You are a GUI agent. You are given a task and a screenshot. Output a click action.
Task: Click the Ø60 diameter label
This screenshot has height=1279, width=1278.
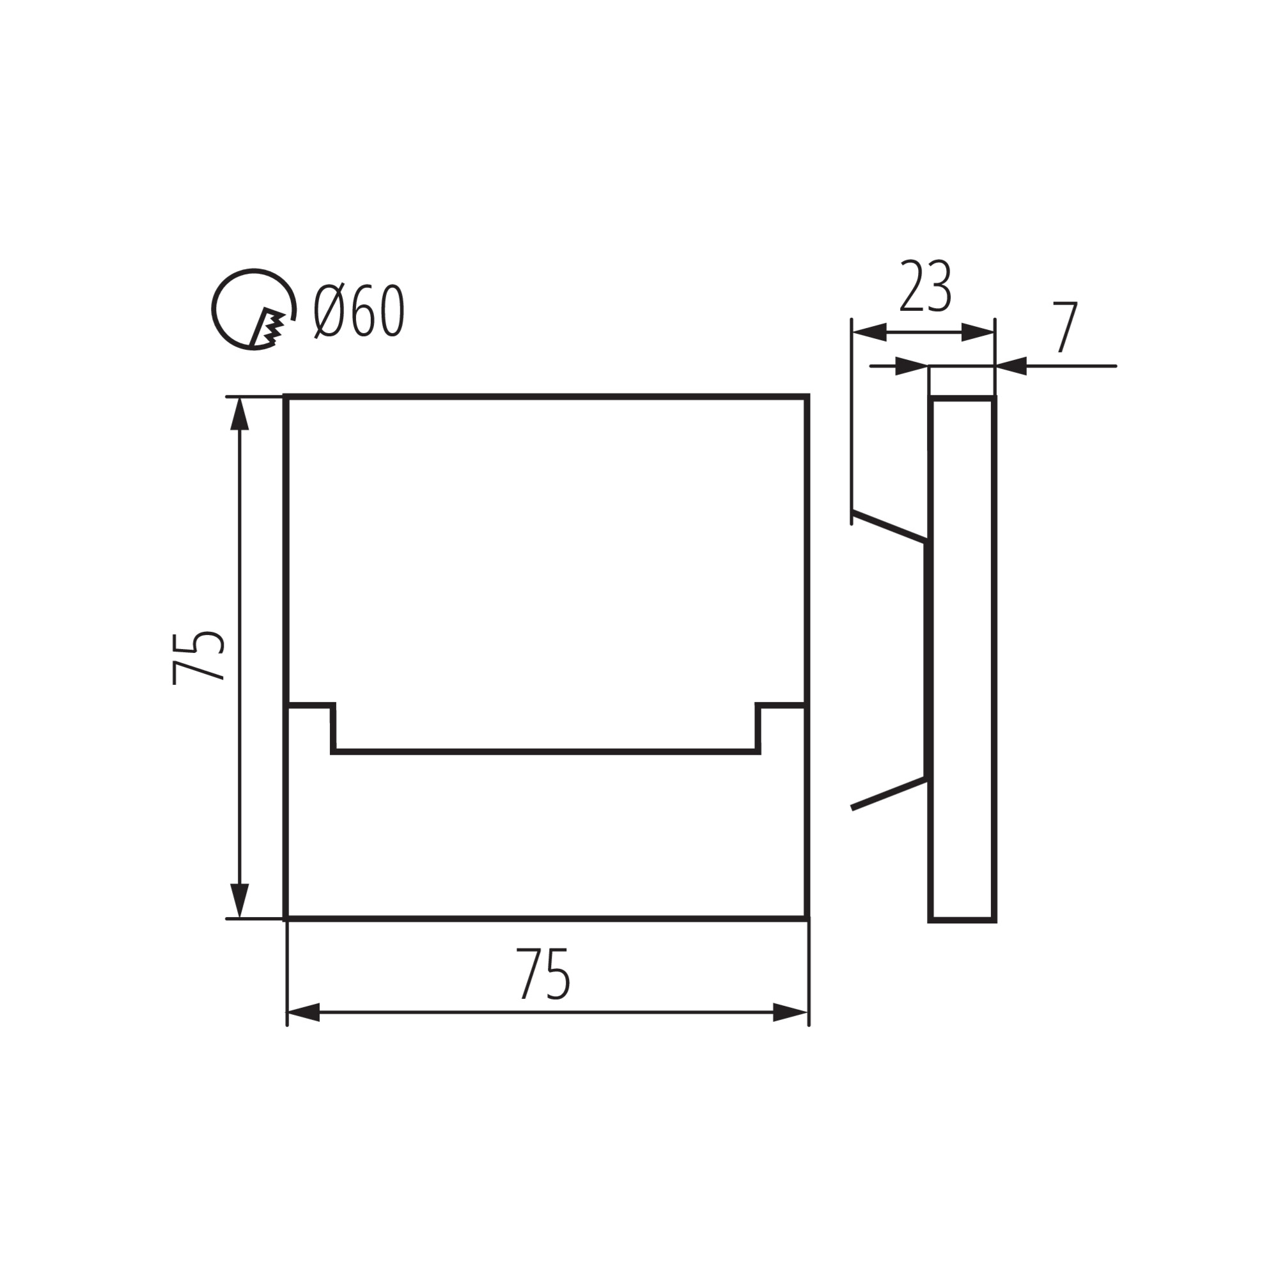(359, 311)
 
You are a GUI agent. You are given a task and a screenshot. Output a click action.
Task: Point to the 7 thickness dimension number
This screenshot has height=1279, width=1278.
(1066, 326)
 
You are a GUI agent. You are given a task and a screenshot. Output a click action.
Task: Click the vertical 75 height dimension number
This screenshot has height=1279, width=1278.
(198, 658)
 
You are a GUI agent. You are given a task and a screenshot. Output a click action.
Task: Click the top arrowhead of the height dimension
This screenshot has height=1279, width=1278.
(239, 414)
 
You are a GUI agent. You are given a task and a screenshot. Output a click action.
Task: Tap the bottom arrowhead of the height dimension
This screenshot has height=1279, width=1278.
(239, 901)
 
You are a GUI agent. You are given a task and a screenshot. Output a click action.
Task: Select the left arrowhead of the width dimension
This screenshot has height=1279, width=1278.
(303, 1013)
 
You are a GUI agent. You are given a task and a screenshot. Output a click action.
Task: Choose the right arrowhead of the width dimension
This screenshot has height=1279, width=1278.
(790, 1013)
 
